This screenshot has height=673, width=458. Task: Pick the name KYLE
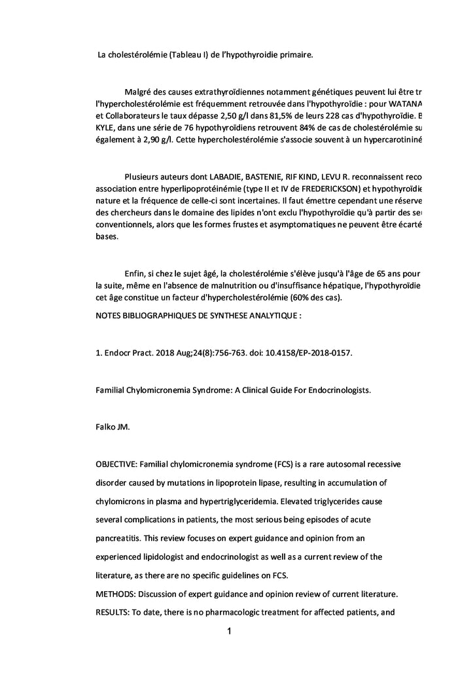tap(105, 128)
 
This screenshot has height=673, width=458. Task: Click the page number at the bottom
tap(229, 632)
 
